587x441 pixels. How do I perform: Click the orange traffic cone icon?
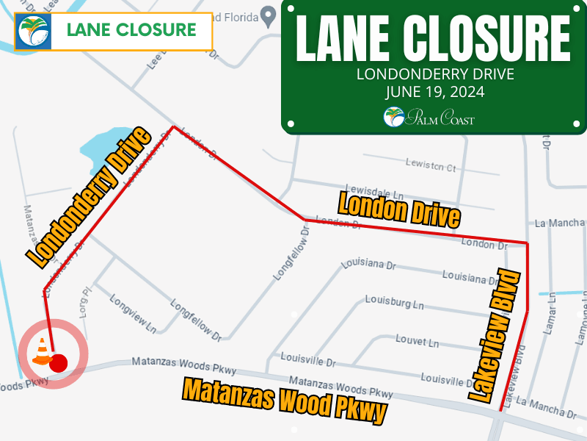click(x=42, y=351)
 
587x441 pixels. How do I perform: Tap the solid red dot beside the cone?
click(x=59, y=362)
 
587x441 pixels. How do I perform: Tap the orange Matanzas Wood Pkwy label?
click(x=285, y=401)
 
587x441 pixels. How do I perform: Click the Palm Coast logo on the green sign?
click(x=429, y=117)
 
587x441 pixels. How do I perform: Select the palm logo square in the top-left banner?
click(x=33, y=31)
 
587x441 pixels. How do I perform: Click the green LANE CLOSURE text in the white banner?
click(x=131, y=30)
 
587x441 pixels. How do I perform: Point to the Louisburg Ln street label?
click(x=395, y=303)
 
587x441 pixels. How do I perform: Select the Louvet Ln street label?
click(x=417, y=342)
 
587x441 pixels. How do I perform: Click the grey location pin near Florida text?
click(x=269, y=14)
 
